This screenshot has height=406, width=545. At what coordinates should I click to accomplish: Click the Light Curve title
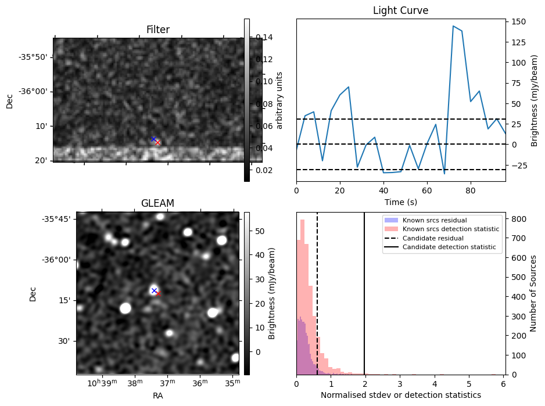[400, 10]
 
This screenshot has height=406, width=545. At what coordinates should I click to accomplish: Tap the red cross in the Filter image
[157, 142]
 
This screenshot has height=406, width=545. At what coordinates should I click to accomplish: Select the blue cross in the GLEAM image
[154, 290]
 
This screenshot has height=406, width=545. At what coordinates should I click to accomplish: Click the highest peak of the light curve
[453, 26]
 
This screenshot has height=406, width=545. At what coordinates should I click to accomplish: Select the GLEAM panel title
[157, 203]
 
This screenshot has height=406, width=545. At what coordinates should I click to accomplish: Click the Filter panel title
[157, 30]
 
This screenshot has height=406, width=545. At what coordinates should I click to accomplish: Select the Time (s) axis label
[400, 202]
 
